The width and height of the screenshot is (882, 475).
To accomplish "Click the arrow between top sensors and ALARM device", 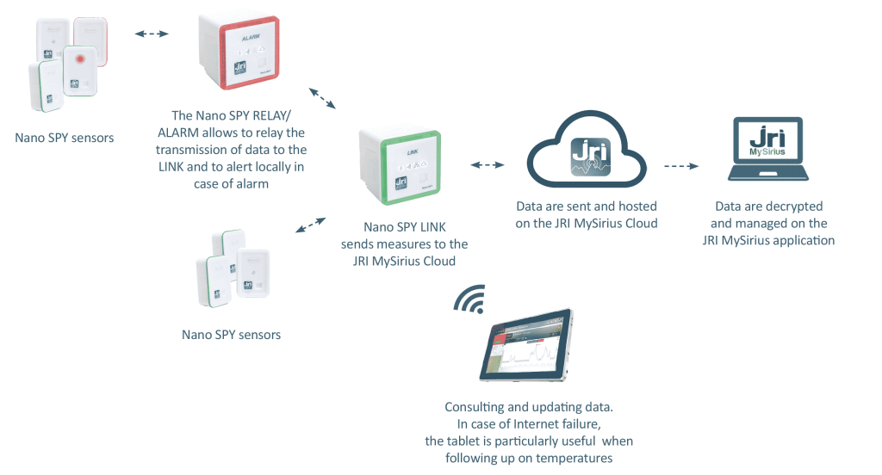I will (152, 34).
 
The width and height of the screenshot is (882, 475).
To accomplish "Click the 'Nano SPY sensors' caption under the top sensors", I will (65, 137).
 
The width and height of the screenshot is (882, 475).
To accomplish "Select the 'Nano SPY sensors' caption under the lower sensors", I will (231, 334).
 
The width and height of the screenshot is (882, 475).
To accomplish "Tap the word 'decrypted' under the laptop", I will (795, 207).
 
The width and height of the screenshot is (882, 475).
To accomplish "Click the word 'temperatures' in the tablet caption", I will (577, 459).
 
